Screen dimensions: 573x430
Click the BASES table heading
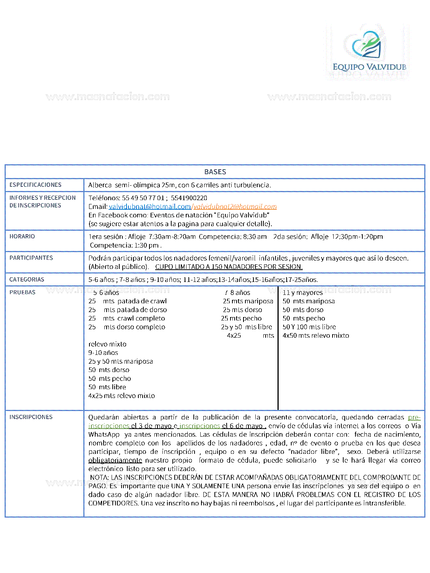click(x=215, y=172)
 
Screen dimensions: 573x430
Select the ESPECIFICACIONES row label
click(x=35, y=185)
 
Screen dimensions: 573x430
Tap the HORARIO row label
click(x=22, y=236)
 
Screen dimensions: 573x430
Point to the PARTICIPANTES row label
click(x=31, y=258)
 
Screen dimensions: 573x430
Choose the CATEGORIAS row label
click(x=27, y=280)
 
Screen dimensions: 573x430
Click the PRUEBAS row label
click(x=22, y=292)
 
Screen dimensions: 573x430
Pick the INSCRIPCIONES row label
click(x=31, y=417)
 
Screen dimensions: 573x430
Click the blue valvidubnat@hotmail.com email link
click(x=149, y=207)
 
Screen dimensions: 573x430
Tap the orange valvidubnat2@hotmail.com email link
click(x=235, y=207)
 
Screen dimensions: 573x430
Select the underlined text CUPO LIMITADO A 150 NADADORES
click(x=229, y=267)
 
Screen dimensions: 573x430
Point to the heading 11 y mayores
click(x=302, y=293)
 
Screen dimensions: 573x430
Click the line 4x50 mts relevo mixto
click(x=316, y=335)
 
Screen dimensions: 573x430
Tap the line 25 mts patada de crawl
click(x=128, y=301)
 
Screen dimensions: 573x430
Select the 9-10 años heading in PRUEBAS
click(x=103, y=353)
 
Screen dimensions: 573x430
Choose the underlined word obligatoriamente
click(x=115, y=460)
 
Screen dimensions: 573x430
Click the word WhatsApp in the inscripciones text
click(x=104, y=434)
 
